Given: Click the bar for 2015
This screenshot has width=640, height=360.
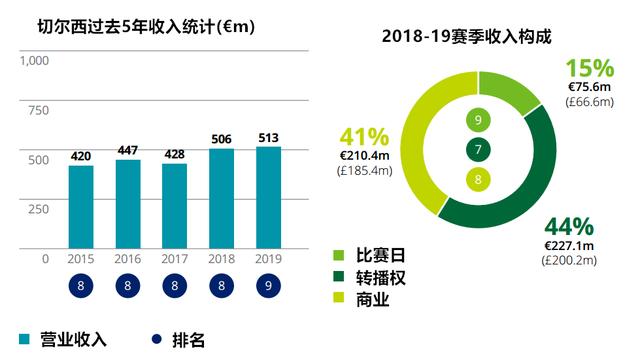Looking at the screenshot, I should pos(81,207).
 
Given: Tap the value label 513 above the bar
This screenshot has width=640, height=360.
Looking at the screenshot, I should pos(269,138).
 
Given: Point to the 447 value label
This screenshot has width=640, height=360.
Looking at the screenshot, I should pos(128,151).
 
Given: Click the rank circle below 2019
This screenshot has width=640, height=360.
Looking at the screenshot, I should pos(269,287).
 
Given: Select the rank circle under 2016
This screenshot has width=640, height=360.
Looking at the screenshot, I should pos(128,287).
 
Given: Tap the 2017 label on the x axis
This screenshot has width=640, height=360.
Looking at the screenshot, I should pos(175,259).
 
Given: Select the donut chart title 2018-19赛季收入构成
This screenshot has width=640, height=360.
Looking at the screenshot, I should pos(467,36).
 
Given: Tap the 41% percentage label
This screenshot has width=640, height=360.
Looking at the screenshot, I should pos(364,137).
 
